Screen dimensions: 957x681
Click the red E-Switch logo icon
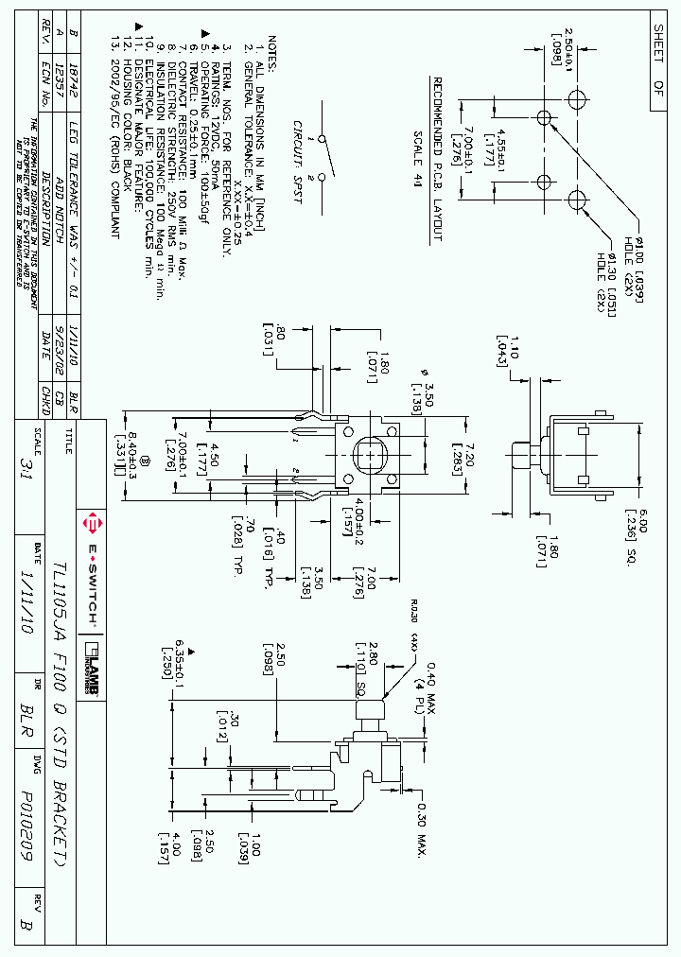[x=92, y=522]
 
